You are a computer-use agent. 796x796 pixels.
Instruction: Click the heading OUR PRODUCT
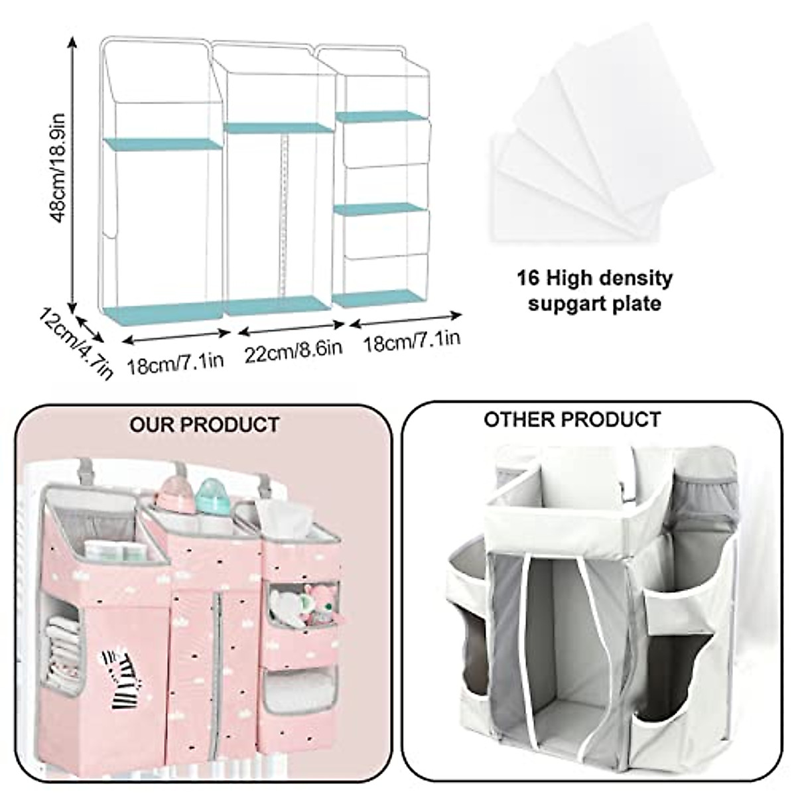pos(204,424)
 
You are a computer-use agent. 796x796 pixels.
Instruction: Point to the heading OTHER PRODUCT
pos(572,419)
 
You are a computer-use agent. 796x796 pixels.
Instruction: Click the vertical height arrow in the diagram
pos(72,169)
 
